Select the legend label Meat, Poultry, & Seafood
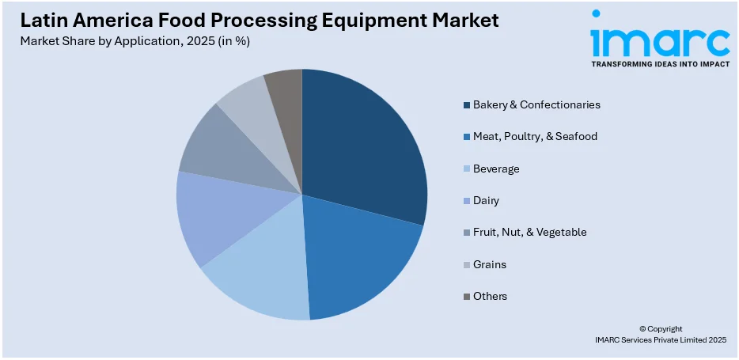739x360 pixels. [535, 136]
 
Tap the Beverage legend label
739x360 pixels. [496, 169]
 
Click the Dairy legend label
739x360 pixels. [486, 201]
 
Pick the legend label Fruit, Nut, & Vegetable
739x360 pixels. [529, 233]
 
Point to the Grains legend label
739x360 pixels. [489, 264]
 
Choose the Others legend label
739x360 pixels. [490, 296]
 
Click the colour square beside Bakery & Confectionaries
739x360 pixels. [466, 104]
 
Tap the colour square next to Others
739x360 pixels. [466, 296]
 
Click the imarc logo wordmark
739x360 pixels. [660, 39]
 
